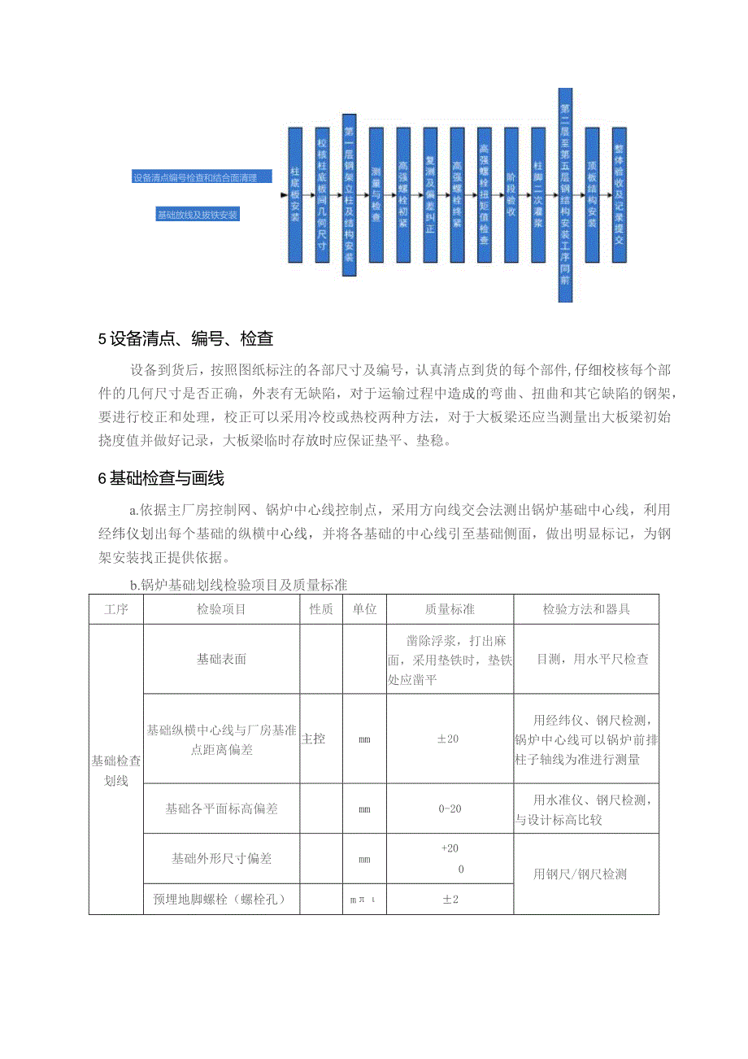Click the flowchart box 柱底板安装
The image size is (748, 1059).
point(295,194)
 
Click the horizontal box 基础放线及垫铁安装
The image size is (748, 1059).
point(198,215)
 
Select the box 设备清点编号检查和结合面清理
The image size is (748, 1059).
point(201,177)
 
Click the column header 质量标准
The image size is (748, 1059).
point(450,609)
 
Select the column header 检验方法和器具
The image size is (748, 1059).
point(586,609)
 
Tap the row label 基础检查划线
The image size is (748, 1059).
point(116,770)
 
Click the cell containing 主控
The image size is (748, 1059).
point(314,739)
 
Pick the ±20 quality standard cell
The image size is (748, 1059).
point(450,739)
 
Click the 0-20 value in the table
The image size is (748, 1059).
point(450,808)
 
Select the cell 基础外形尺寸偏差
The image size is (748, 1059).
point(221,858)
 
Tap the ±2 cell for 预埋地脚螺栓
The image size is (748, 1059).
point(450,900)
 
